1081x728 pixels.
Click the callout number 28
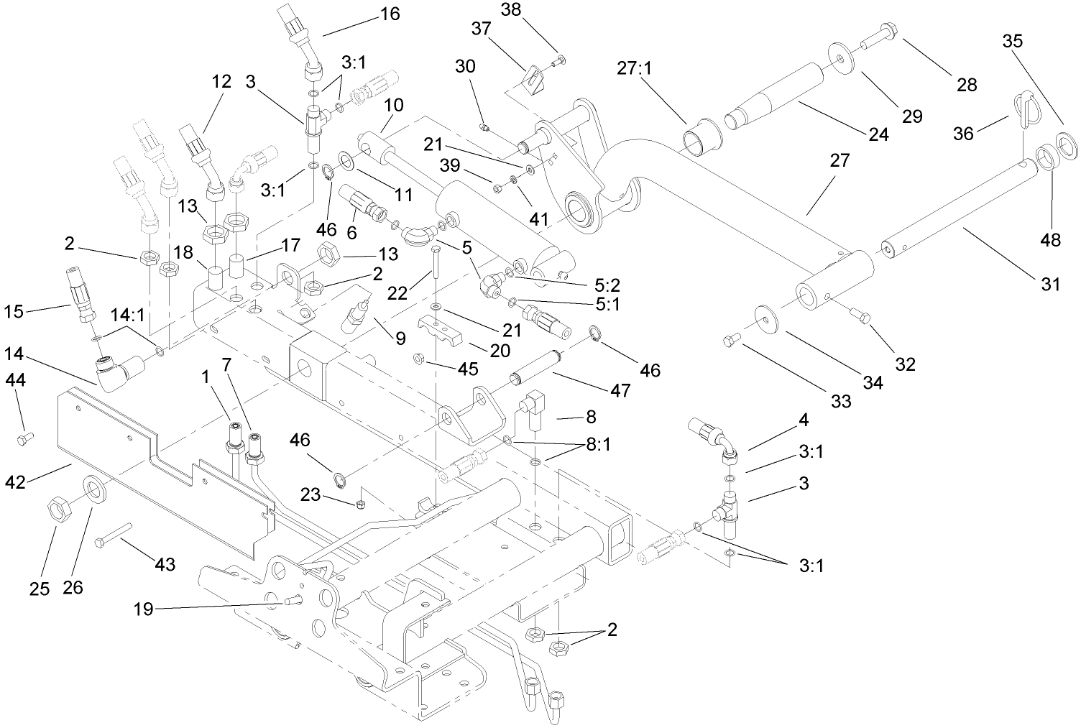[967, 85]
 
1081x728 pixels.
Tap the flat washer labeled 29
[839, 55]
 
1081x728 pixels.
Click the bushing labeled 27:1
[697, 137]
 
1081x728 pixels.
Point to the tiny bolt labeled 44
[24, 436]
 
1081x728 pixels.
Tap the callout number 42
[16, 482]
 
